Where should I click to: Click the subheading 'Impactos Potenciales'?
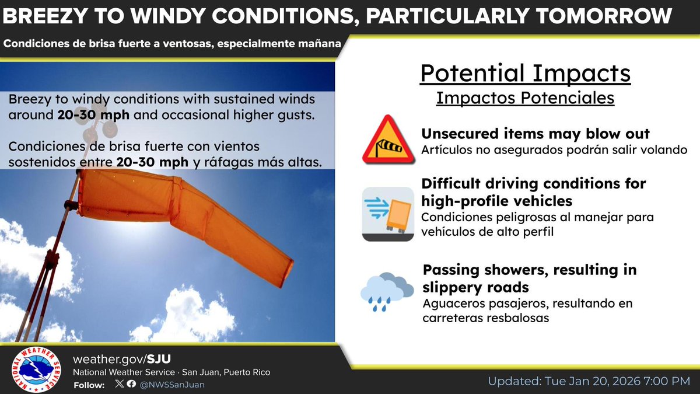[525, 97]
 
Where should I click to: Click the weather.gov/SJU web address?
[123, 358]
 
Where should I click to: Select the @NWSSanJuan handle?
[172, 385]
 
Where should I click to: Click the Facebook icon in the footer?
[131, 385]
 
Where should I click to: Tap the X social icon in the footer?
[120, 385]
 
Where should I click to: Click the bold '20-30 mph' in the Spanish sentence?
[152, 162]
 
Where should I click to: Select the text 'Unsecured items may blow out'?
[535, 134]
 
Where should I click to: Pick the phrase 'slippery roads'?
[475, 287]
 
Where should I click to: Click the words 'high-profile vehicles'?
[496, 201]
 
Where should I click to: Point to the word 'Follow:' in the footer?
[89, 385]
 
